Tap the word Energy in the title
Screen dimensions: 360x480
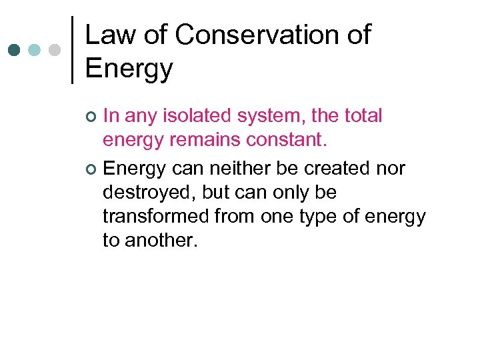click(x=129, y=68)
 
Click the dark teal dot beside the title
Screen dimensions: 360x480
click(x=14, y=50)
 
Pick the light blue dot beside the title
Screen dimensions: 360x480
click(x=35, y=50)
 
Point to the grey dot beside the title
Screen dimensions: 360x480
click(x=55, y=50)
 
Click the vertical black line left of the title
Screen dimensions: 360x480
click(x=71, y=50)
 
